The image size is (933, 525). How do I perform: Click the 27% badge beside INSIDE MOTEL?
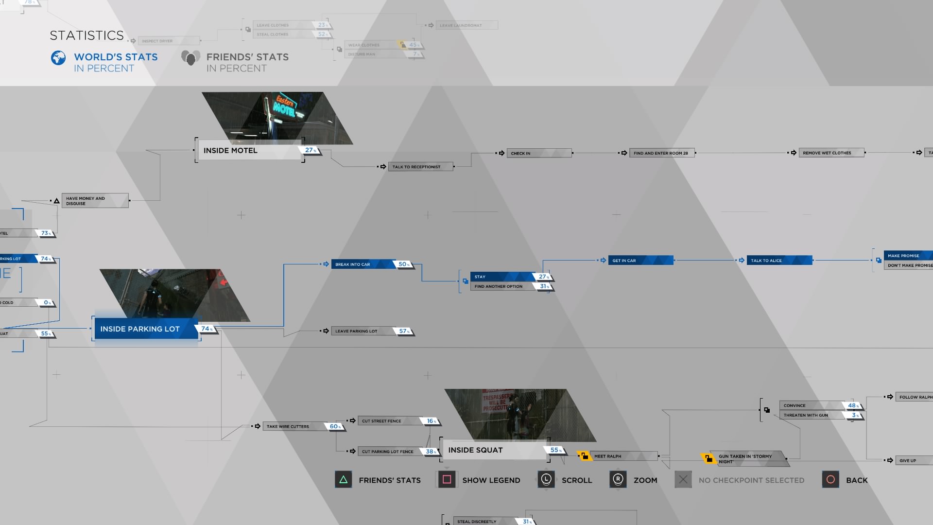[x=310, y=150]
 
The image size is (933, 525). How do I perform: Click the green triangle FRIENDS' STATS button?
[x=343, y=480]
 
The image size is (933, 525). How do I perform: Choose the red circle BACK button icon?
[x=830, y=480]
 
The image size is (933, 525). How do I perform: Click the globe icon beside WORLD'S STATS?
[x=58, y=58]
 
